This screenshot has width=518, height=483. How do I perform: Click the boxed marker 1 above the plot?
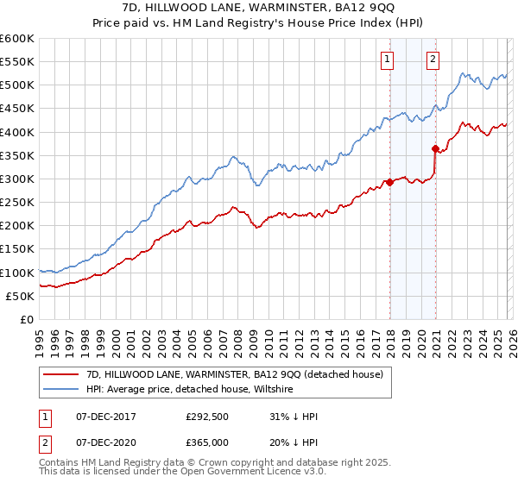pos(386,60)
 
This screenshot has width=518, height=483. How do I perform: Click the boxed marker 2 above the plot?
pos(432,60)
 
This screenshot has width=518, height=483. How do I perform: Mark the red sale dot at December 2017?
pos(389,182)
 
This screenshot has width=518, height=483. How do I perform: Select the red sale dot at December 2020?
pos(435,148)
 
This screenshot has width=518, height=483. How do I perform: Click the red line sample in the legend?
pos(62,373)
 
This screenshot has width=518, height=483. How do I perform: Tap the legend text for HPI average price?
pos(191,390)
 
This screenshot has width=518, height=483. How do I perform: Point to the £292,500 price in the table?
pos(207,417)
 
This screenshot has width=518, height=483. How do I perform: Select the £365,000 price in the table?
pos(207,442)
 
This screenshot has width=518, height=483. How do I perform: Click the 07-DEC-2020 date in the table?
pos(104,442)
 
